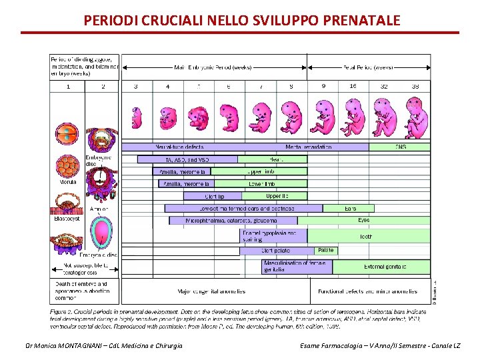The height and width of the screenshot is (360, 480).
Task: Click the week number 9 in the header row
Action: coord(323,87)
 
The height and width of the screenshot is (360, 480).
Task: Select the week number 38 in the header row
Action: coord(415,87)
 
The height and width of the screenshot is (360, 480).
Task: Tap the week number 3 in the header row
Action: coord(136,87)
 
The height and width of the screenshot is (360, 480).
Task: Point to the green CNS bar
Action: coord(400,147)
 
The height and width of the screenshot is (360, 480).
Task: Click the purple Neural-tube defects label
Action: coord(179,147)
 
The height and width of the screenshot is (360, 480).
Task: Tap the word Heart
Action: coord(276,159)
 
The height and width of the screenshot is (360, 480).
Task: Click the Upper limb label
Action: coord(261,171)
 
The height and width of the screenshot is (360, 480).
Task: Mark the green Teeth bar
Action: coord(366,235)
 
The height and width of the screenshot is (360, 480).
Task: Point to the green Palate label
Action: coord(325,250)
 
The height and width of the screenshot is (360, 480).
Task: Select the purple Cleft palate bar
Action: coord(277,251)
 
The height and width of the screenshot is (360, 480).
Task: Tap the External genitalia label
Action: coord(385,267)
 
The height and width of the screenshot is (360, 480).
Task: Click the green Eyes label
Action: coord(364,220)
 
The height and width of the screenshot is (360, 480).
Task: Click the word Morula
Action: coord(67,181)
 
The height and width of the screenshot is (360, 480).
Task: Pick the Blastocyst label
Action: coord(67,218)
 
